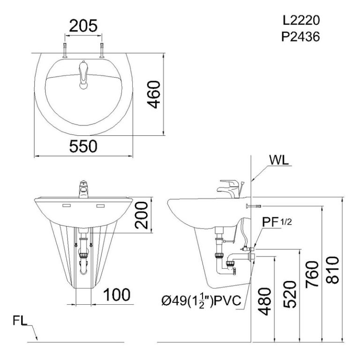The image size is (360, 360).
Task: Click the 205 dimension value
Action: pos(84,26)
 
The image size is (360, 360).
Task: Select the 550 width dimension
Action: pos(83,146)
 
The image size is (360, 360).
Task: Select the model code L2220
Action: pos(300,21)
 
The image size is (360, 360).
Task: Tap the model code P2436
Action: pos(300,37)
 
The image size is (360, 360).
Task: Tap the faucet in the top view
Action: pos(83,74)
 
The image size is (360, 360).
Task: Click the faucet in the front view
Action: pos(82,190)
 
